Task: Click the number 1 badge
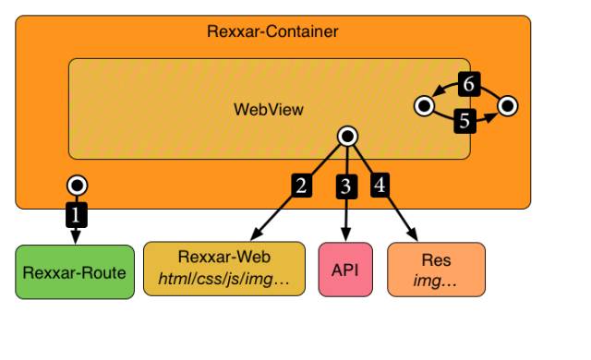click(77, 216)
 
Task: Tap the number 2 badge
click(301, 185)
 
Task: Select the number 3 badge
click(346, 186)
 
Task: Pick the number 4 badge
click(380, 185)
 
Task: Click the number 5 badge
click(465, 120)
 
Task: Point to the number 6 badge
click(468, 85)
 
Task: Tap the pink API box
click(345, 270)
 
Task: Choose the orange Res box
click(436, 270)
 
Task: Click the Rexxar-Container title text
click(272, 32)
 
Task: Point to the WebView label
click(268, 109)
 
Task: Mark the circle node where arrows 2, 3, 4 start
click(347, 137)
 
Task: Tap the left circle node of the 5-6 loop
click(425, 106)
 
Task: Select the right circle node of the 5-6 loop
click(508, 106)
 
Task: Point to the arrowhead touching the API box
click(346, 235)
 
